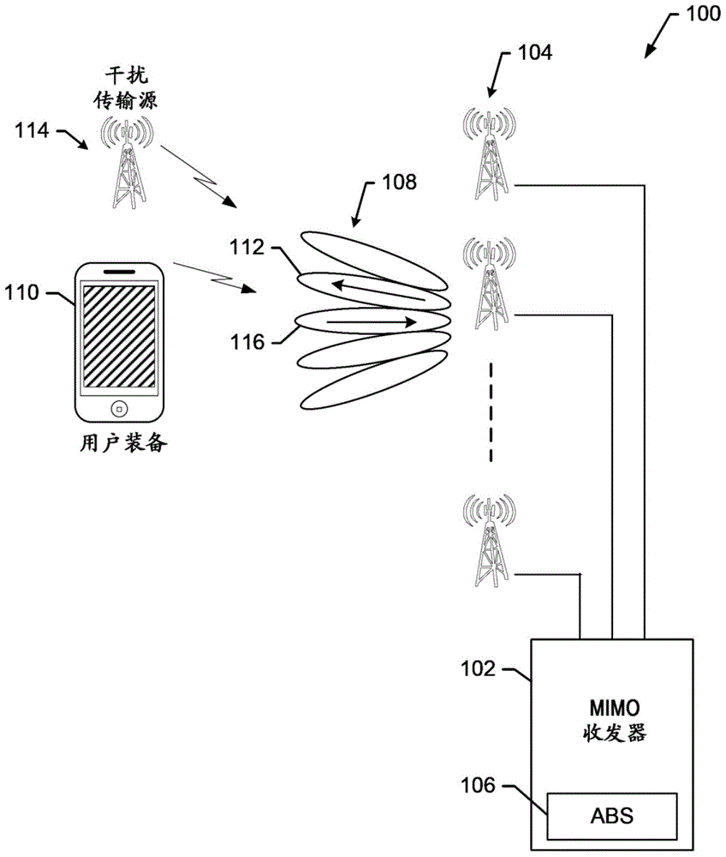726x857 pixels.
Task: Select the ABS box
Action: pyautogui.click(x=612, y=815)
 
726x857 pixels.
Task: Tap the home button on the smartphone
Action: pyautogui.click(x=120, y=406)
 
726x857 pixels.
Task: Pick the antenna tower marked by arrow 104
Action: pyautogui.click(x=489, y=150)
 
